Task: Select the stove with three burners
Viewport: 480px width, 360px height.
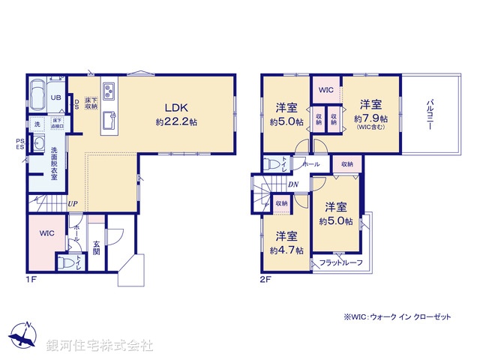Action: (109, 92)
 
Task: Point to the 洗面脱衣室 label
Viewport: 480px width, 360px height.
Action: (54, 161)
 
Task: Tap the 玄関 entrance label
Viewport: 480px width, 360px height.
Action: (97, 247)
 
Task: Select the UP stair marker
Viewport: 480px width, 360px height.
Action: (73, 203)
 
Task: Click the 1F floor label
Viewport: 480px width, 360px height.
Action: (31, 280)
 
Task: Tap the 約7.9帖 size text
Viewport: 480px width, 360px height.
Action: (371, 118)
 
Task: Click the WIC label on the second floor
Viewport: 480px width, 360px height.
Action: (325, 91)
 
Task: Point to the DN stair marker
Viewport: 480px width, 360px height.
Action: (294, 184)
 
